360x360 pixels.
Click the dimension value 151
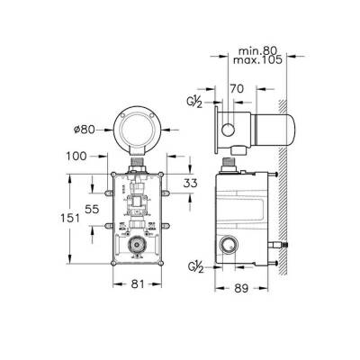click(70, 218)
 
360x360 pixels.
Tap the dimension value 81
click(138, 283)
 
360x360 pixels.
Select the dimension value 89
click(241, 288)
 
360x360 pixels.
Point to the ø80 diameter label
click(85, 130)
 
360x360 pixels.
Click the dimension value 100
click(76, 156)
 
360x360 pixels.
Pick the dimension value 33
click(190, 183)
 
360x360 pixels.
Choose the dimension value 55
click(92, 209)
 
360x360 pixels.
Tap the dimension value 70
click(237, 89)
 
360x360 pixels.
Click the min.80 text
click(257, 50)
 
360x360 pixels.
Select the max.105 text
click(257, 60)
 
